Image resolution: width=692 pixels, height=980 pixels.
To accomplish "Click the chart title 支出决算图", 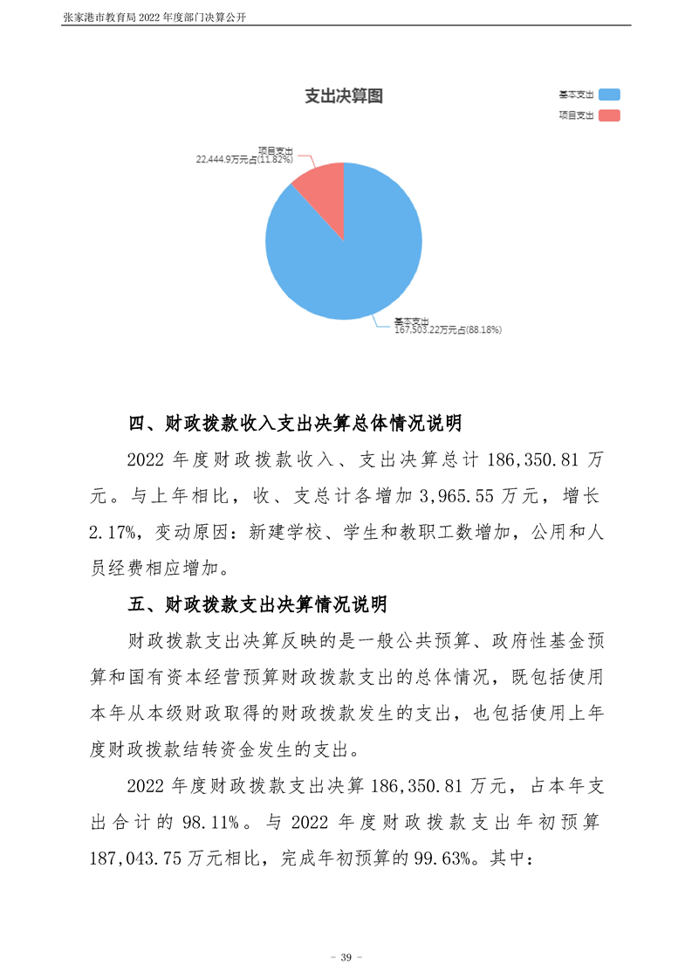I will (x=343, y=96).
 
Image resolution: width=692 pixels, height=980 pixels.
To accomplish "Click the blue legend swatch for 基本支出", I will (x=609, y=94).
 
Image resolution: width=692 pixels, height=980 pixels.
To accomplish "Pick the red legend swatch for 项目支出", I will (x=609, y=115).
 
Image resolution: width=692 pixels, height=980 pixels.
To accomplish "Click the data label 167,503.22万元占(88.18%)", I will (x=448, y=330).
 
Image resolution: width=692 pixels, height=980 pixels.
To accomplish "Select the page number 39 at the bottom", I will (x=346, y=958).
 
